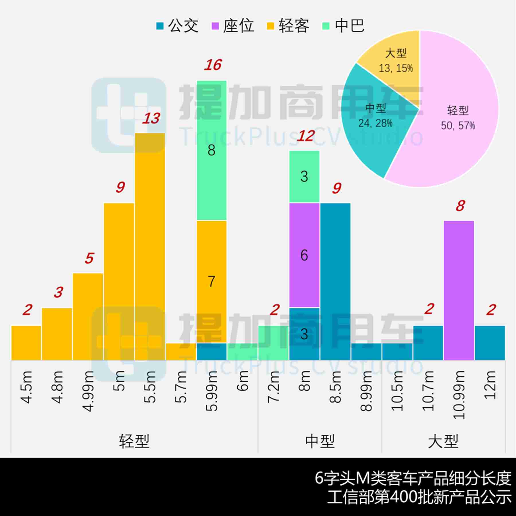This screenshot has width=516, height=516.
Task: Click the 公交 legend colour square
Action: pyautogui.click(x=160, y=26)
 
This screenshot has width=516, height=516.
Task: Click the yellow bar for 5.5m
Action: pyautogui.click(x=150, y=247)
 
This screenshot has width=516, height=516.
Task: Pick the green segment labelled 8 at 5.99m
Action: pyautogui.click(x=212, y=150)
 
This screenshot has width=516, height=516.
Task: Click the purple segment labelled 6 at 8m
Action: pyautogui.click(x=304, y=255)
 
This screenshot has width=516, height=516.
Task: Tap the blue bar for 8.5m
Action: pyautogui.click(x=335, y=281)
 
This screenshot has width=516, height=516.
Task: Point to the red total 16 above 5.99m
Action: pyautogui.click(x=213, y=65)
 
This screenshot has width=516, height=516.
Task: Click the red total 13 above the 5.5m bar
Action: pyautogui.click(x=151, y=118)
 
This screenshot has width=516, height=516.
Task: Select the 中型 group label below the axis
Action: pyautogui.click(x=320, y=441)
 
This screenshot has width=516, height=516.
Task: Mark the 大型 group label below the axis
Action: pyautogui.click(x=443, y=441)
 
